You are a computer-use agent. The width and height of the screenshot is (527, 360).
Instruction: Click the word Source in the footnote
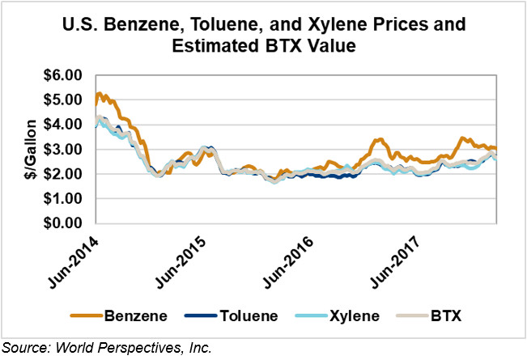25,348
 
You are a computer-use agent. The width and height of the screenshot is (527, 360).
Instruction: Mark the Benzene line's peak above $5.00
99,94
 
